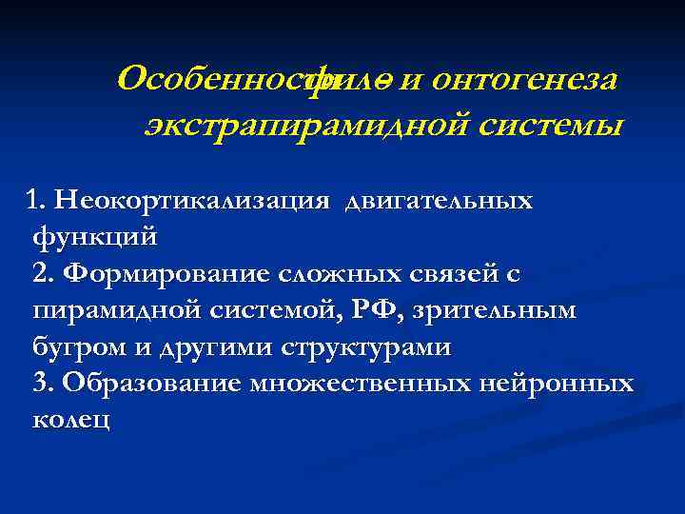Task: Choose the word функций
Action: click(94, 237)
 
